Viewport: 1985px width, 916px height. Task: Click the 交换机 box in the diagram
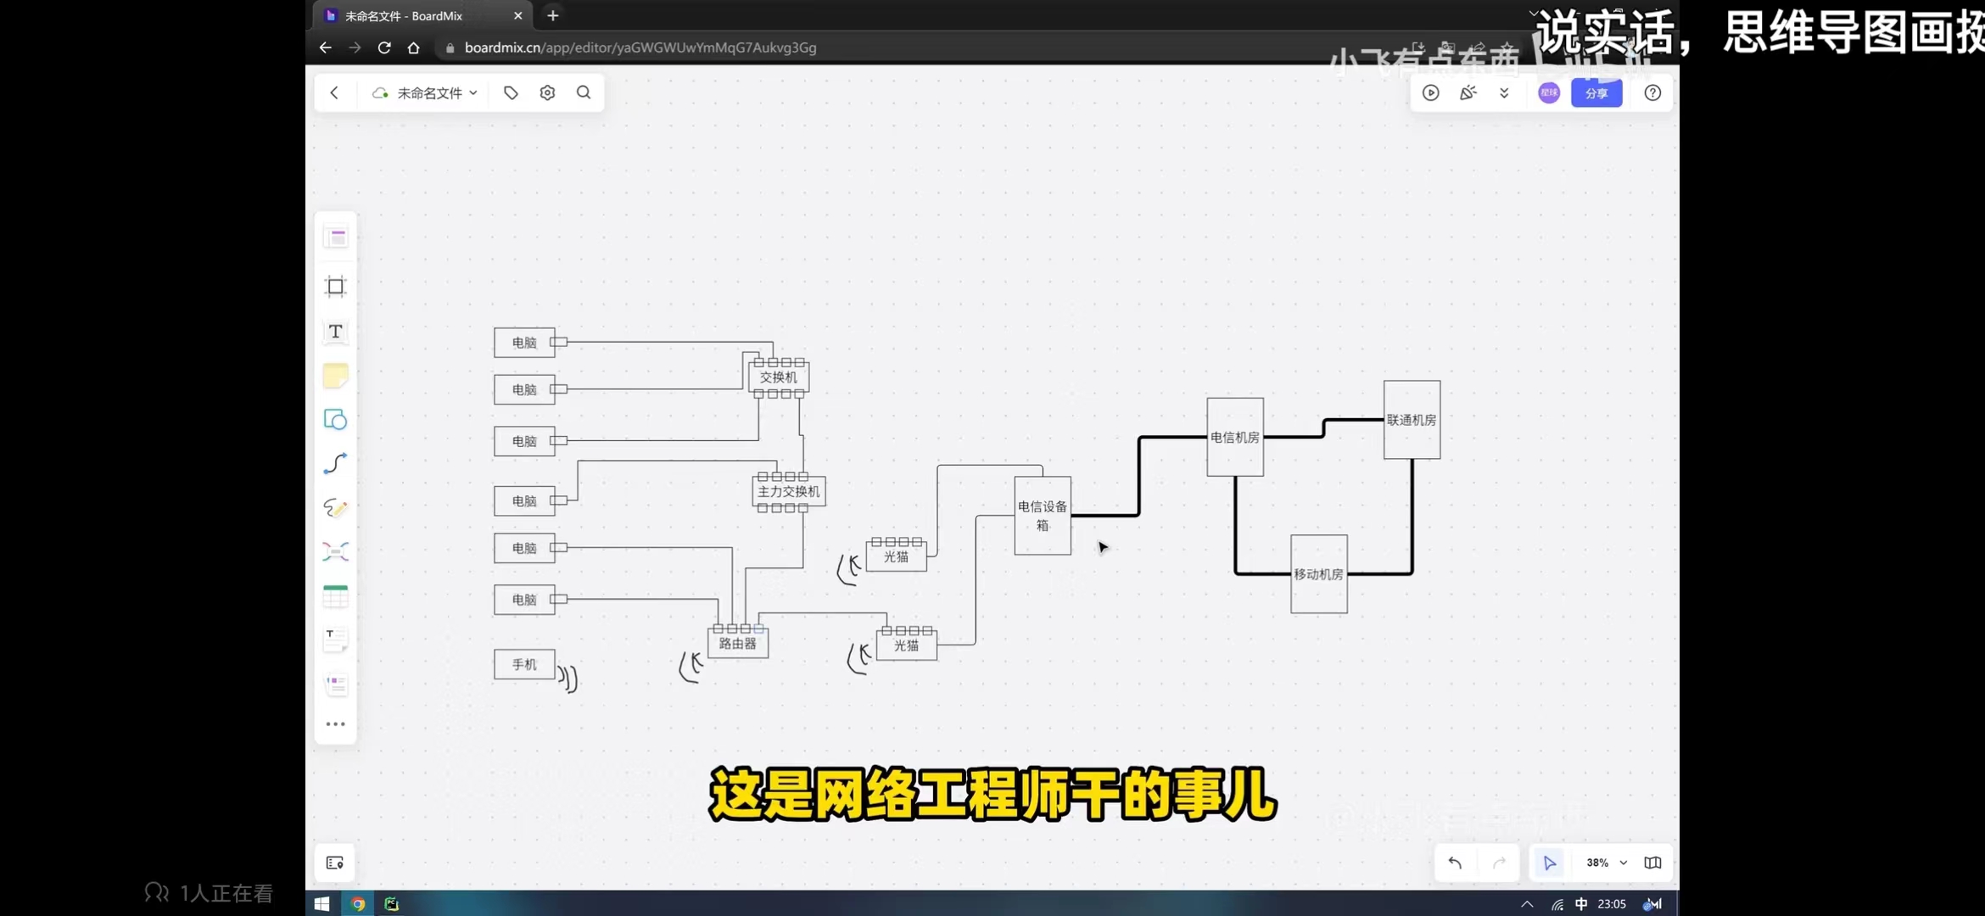(779, 377)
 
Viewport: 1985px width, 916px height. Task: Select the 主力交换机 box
(789, 492)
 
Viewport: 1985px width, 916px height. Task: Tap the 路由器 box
(738, 645)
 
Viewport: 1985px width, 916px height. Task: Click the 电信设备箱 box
(1043, 516)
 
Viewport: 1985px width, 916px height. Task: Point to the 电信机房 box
(1235, 438)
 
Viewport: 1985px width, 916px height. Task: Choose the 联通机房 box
(1412, 420)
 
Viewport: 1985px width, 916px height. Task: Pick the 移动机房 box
(1318, 574)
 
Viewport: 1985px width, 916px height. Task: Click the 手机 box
(524, 664)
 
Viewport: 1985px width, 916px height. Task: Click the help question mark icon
(1652, 93)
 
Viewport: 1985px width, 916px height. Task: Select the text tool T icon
(336, 332)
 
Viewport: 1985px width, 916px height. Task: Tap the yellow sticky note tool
(336, 376)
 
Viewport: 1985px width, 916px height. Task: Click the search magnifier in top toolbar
(584, 92)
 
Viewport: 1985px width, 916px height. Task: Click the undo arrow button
(1455, 863)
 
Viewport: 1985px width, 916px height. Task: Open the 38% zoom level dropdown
(1607, 863)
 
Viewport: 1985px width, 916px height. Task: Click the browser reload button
(384, 47)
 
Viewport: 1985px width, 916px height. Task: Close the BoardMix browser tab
(517, 16)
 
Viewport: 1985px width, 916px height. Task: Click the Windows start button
(322, 904)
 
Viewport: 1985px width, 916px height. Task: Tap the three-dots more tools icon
(336, 724)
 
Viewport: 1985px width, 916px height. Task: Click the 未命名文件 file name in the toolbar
(429, 93)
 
